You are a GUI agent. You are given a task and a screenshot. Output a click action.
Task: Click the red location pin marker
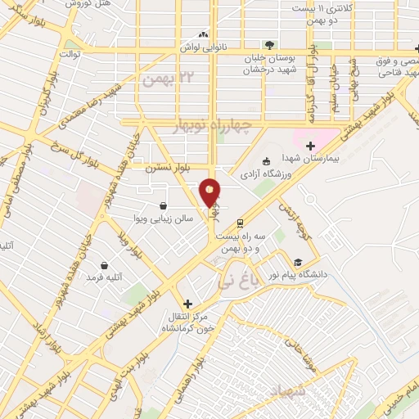pyautogui.click(x=209, y=192)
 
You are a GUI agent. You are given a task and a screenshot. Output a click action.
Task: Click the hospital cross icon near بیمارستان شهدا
pyautogui.click(x=309, y=146)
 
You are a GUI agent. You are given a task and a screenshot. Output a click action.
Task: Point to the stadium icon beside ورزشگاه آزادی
pyautogui.click(x=264, y=161)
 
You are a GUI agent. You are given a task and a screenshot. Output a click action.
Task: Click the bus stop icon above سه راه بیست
pyautogui.click(x=239, y=222)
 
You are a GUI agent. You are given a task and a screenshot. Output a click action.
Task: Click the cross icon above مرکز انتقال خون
pyautogui.click(x=188, y=303)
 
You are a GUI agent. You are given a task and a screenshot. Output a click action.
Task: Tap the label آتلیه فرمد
pyautogui.click(x=104, y=278)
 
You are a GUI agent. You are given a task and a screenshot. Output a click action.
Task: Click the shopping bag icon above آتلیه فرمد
pyautogui.click(x=105, y=264)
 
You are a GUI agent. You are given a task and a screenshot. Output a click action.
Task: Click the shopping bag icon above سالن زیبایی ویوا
pyautogui.click(x=164, y=205)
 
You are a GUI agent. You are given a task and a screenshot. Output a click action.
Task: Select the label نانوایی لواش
pyautogui.click(x=202, y=48)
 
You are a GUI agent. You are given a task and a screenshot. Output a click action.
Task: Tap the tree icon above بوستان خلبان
pyautogui.click(x=268, y=44)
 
